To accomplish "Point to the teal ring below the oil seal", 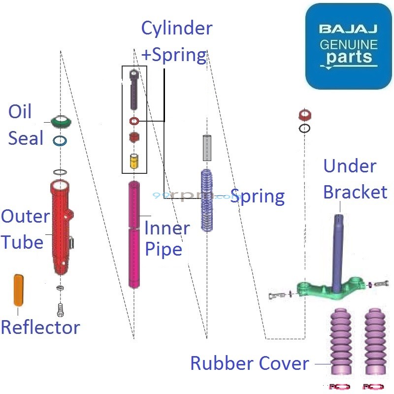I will point(60,140).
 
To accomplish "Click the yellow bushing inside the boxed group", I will point(133,161).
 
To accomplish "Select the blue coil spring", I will point(206,199).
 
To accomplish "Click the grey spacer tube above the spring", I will point(207,147).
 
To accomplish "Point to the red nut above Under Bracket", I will point(305,116).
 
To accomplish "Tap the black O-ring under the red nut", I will point(305,129).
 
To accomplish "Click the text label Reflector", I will point(40,327).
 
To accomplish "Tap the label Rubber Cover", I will point(250,363).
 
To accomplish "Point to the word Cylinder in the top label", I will point(177,28).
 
